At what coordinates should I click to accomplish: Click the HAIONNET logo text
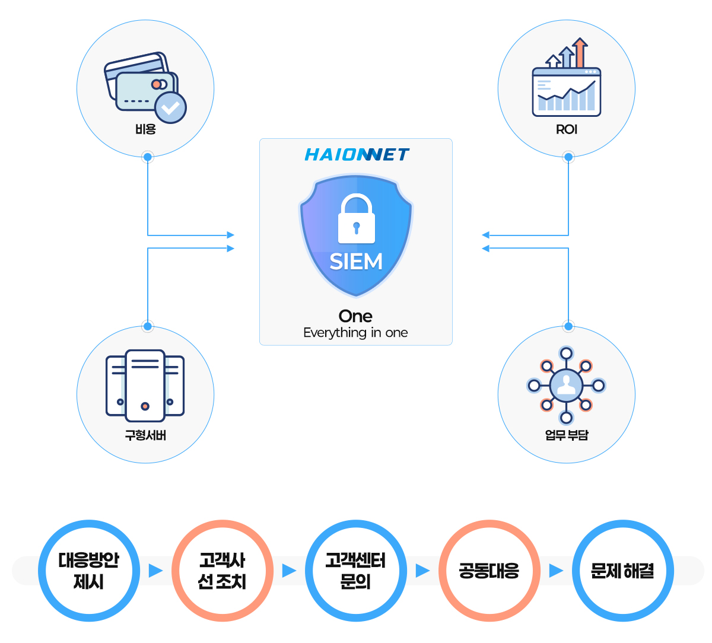coord(357,155)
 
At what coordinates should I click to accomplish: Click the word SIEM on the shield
coord(356,262)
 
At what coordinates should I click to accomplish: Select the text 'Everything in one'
coord(355,333)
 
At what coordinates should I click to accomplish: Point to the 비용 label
coord(145,129)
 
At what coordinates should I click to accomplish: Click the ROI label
coord(567,129)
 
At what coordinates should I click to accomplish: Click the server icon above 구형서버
coord(145,385)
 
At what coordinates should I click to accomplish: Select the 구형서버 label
coord(145,435)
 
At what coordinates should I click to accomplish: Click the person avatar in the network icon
coord(566,386)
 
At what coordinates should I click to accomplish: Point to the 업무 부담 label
coord(567,435)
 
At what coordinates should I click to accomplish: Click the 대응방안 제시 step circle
coord(89,571)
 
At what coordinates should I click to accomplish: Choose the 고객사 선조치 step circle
coord(223,571)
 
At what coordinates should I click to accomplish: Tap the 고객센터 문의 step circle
coord(356,571)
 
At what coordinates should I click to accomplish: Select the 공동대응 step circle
coord(490,571)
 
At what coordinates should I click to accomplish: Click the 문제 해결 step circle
coord(623,571)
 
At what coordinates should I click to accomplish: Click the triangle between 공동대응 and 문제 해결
coord(556,571)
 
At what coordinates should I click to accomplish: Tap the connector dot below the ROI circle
coord(568,157)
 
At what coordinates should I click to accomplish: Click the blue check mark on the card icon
coord(170,107)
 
